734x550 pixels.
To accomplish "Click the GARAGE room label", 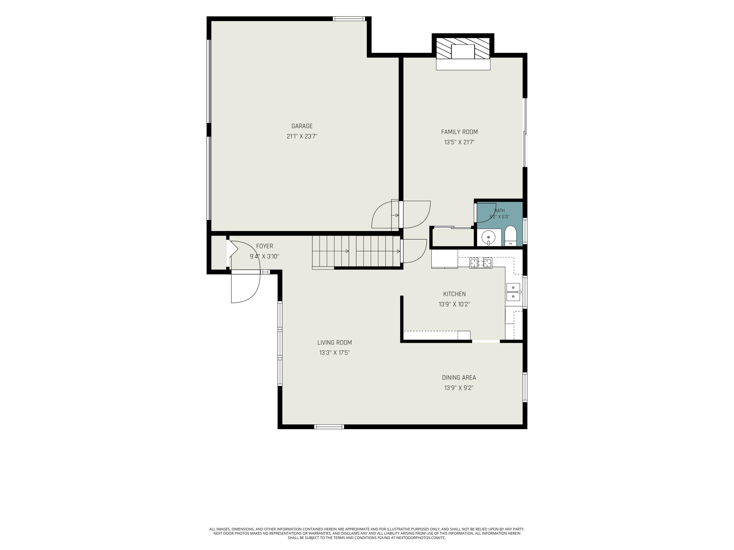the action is coord(302,126).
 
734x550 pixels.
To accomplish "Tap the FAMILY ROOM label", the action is coord(459,132).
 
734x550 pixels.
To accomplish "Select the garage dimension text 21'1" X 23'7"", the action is coord(302,136).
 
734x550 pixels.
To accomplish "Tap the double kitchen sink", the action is coord(513,292).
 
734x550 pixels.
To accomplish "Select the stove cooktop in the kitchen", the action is coord(481,263).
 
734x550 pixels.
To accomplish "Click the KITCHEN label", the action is coord(454,294).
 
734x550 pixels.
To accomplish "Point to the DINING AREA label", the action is coord(459,378).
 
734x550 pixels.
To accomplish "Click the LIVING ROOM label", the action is coord(334,343).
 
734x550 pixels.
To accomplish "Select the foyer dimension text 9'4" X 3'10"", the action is coord(264,256).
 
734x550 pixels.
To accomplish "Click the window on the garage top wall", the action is coord(349,19).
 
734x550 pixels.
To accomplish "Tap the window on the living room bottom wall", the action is coord(329,427).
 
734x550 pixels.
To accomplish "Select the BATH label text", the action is coord(499,210).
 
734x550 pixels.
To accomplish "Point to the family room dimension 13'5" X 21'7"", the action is coord(459,142).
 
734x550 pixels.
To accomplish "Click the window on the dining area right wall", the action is coord(525,387).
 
